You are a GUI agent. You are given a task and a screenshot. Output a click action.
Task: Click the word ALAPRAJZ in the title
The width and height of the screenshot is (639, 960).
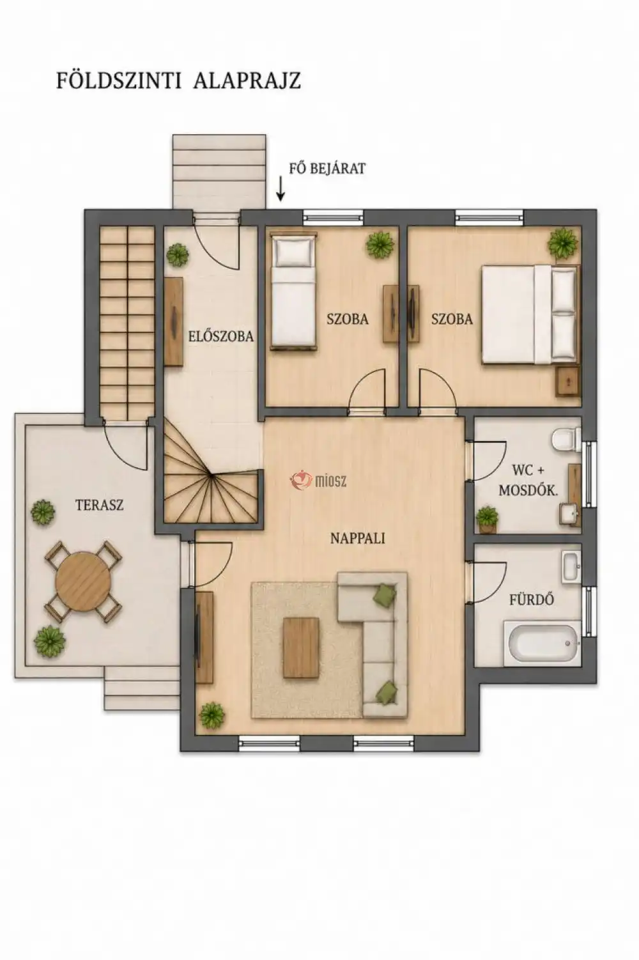247,80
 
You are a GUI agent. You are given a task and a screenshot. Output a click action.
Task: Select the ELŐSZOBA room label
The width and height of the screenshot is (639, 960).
220,336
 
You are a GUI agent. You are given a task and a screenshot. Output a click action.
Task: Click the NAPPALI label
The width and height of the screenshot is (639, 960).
357,538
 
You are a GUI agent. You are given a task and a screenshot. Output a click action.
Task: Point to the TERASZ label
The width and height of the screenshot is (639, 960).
100,505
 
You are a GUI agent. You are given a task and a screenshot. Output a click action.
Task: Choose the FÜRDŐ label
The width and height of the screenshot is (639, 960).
532,600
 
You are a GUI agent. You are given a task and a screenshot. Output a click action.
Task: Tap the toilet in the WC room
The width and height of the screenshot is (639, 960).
566,439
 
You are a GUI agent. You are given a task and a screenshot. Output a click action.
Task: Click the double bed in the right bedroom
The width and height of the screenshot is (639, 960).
530,314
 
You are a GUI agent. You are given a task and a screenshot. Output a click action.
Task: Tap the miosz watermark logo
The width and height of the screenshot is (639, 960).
318,481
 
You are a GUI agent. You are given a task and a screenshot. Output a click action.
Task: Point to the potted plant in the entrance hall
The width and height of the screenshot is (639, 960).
178,255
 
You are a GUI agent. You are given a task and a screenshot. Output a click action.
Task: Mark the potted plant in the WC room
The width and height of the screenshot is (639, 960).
488,519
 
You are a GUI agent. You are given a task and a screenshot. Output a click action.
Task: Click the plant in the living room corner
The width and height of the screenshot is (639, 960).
212,715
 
